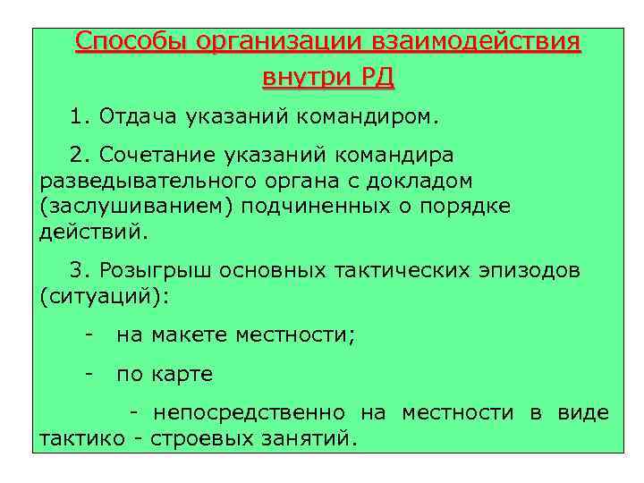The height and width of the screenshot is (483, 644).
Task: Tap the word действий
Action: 90,233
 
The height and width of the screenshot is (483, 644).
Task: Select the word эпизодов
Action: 529,270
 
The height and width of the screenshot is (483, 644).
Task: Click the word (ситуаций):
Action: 103,296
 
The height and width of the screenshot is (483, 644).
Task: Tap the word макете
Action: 190,335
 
